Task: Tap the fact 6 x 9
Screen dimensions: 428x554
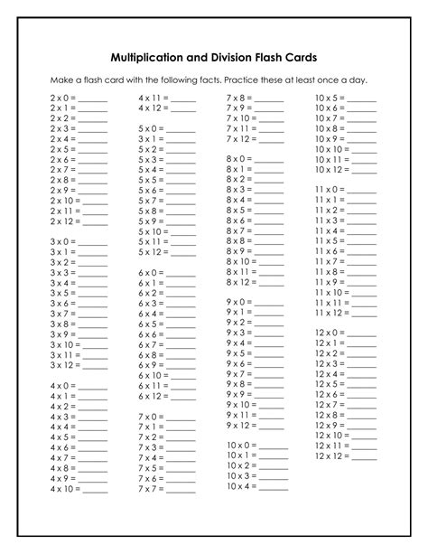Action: point(150,365)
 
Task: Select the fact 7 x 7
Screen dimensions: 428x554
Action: point(150,489)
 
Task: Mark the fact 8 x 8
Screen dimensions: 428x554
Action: point(238,240)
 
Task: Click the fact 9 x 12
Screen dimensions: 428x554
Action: point(240,425)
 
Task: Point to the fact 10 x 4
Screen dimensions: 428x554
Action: point(242,486)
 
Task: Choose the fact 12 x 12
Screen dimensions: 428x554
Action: point(331,455)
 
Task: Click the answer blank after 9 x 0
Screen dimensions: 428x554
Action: point(270,302)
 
